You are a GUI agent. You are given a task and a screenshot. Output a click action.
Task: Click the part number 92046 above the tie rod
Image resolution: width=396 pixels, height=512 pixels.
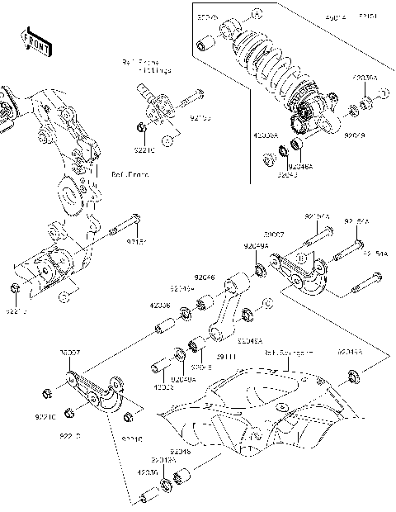click(204, 279)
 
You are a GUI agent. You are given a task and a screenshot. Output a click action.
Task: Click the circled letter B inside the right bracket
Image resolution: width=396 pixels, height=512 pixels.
click(302, 258)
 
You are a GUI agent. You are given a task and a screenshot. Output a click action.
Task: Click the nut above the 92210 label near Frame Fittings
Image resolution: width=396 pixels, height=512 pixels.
click(142, 127)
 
